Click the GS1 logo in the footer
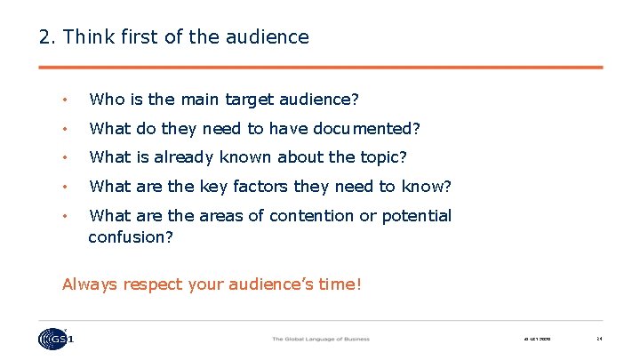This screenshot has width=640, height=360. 55,339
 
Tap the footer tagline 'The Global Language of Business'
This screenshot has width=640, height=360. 320,339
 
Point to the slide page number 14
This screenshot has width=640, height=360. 599,339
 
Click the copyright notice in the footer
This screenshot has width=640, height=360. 537,339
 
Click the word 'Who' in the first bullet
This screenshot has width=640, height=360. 107,99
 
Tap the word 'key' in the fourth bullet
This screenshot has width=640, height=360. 212,187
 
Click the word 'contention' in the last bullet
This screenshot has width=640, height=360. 310,216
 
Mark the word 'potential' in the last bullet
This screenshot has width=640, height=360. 417,216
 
